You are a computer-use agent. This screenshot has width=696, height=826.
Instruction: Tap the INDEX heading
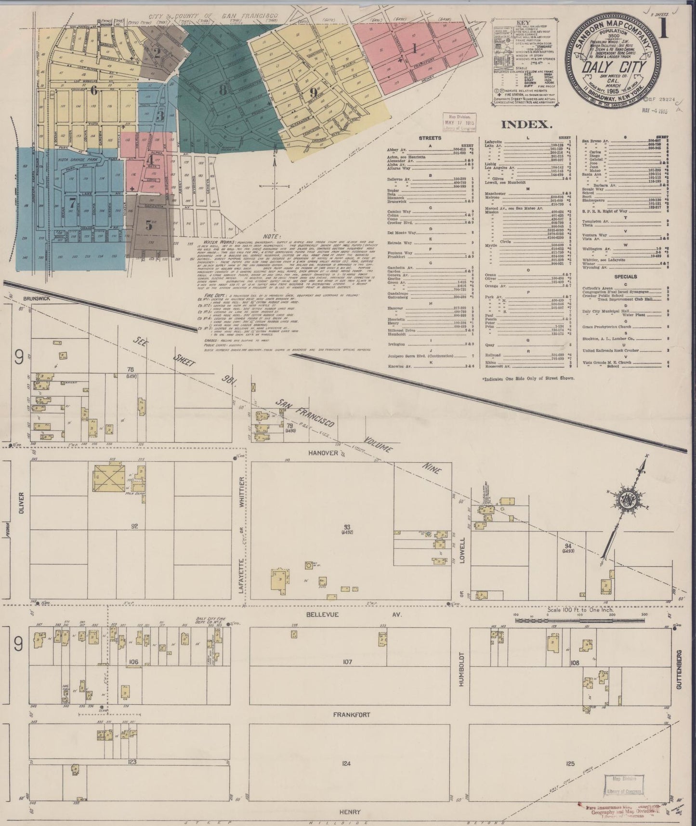[x=526, y=125]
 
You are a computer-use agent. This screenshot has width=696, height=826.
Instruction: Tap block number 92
[x=134, y=526]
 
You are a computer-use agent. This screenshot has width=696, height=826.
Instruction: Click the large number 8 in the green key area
[x=222, y=90]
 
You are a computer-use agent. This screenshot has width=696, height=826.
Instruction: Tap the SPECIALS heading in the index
[x=625, y=277]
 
